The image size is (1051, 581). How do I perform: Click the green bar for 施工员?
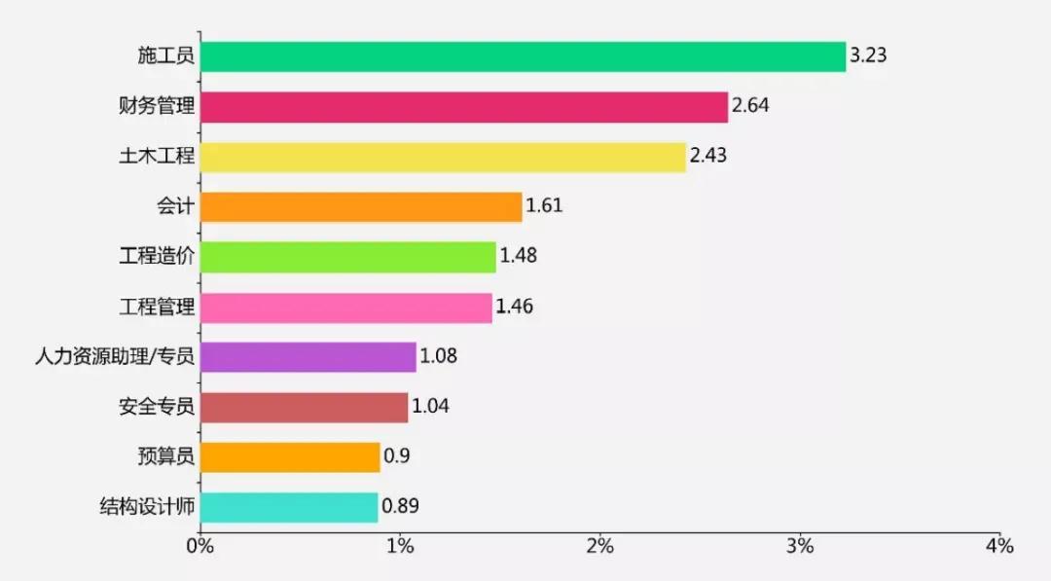[523, 56]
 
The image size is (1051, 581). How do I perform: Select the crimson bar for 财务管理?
[463, 107]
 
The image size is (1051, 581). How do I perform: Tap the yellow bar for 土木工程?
[443, 157]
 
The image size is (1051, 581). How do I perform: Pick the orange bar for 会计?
[361, 207]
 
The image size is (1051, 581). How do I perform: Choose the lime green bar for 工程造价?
[347, 257]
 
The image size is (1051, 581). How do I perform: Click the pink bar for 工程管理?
[345, 308]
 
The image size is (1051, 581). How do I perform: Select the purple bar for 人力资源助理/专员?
[308, 357]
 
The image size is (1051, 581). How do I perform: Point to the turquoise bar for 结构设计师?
[289, 507]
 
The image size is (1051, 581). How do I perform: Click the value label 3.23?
[868, 55]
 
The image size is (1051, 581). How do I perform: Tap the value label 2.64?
[750, 106]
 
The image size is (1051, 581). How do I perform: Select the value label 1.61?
[544, 206]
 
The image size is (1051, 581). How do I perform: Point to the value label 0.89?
[400, 507]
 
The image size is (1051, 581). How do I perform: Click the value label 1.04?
[430, 407]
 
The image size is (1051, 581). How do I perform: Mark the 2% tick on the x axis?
[599, 546]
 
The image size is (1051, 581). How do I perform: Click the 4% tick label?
[999, 546]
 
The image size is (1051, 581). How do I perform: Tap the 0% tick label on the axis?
[200, 546]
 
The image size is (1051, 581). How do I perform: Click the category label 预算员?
[166, 456]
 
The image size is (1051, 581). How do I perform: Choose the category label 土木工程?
[156, 157]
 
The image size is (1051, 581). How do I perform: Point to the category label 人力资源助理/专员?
[115, 357]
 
